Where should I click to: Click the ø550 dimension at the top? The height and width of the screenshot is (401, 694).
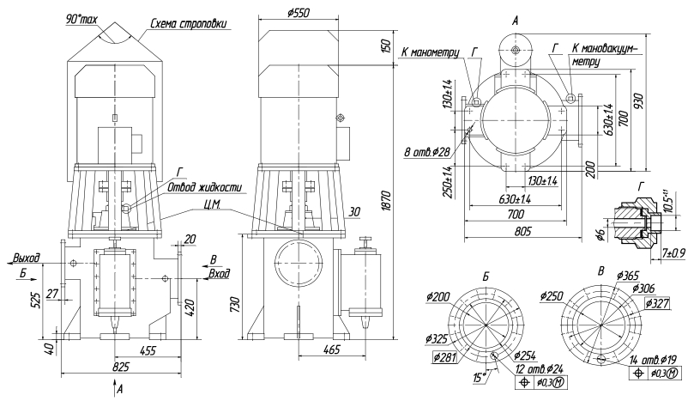[298, 13]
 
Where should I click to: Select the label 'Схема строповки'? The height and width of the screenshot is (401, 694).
[190, 23]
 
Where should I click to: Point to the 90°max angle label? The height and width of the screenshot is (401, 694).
[81, 19]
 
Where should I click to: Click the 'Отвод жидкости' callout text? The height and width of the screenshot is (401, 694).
[205, 187]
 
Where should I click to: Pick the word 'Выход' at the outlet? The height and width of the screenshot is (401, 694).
[26, 258]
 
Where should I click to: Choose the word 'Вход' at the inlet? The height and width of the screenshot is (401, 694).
[220, 273]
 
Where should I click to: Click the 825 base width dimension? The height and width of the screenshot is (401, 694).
[120, 367]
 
